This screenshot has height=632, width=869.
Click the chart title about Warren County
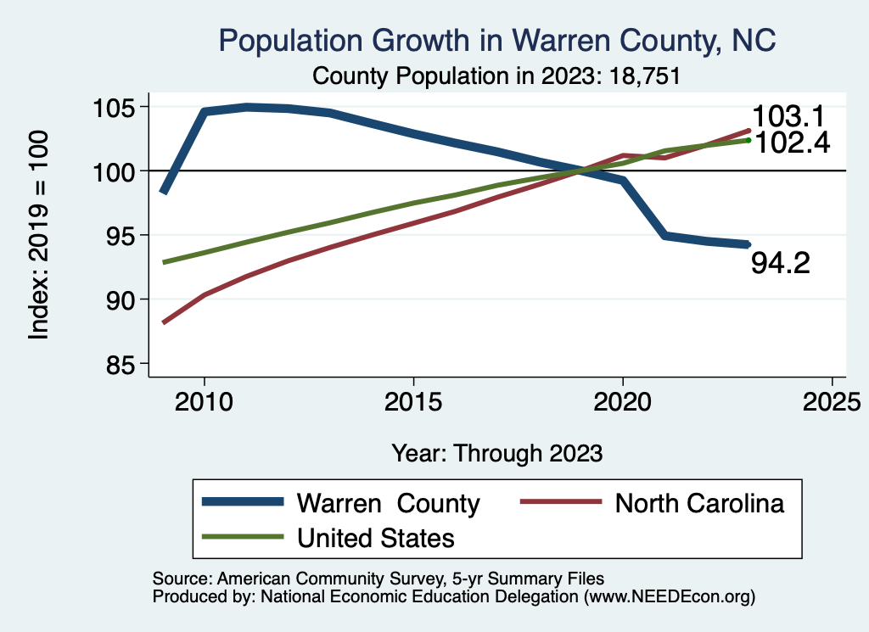click(497, 40)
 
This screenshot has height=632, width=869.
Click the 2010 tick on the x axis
click(204, 401)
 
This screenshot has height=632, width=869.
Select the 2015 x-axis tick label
click(413, 401)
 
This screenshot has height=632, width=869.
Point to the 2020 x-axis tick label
click(623, 401)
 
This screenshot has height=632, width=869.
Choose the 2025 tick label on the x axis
click(832, 401)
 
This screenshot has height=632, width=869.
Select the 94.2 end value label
click(780, 263)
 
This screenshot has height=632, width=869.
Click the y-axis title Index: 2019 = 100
click(39, 235)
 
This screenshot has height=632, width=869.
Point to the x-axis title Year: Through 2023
click(496, 453)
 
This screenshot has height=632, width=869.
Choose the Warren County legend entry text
click(388, 503)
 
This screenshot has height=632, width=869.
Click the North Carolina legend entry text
click(699, 503)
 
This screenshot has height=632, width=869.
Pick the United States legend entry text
click(375, 538)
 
